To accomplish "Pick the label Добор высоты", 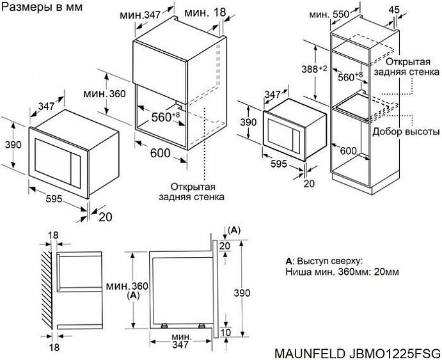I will click(x=405, y=132).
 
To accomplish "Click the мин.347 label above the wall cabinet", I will click(x=143, y=14).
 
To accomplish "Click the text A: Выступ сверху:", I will click(x=324, y=261).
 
